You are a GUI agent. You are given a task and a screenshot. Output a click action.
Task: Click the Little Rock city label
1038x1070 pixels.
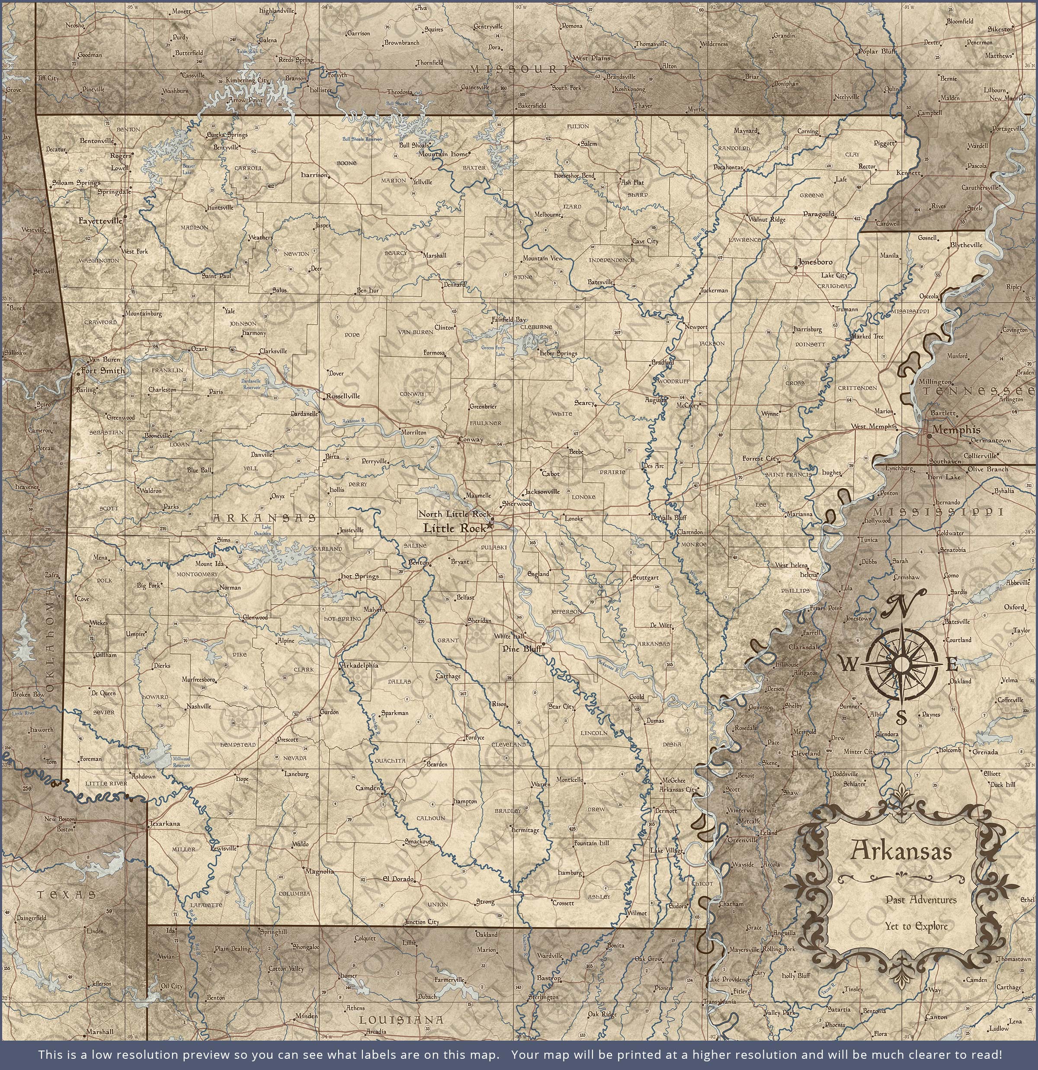[x=454, y=528]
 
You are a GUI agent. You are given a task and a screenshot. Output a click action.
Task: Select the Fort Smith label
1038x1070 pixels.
[x=103, y=371]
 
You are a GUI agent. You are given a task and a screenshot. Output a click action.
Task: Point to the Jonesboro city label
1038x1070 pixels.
[x=815, y=262]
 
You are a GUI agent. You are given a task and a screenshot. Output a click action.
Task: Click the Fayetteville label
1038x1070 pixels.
[x=100, y=221]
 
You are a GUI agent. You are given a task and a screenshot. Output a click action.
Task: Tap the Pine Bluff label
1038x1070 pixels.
[x=522, y=649]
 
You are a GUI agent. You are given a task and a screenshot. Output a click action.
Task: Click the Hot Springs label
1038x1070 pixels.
[x=359, y=576]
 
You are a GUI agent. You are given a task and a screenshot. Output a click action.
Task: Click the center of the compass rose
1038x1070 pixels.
[x=901, y=664]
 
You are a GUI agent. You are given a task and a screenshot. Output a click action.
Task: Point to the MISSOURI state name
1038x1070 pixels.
[x=519, y=69]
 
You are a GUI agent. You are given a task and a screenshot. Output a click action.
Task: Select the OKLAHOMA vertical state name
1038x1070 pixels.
[x=50, y=639]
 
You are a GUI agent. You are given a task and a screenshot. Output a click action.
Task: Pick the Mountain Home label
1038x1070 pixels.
[x=443, y=154]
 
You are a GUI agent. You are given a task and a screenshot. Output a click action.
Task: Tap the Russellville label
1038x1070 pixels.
[x=343, y=396]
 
